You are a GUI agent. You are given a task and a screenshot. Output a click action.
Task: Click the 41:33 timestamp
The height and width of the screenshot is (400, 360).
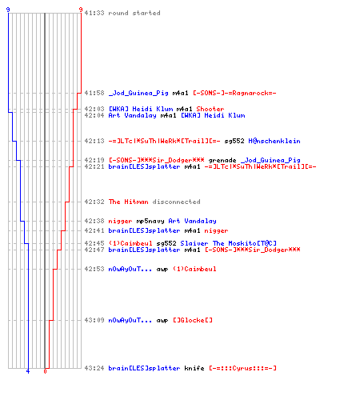[94, 13]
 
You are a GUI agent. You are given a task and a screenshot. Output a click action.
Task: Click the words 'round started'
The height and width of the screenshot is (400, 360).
[134, 13]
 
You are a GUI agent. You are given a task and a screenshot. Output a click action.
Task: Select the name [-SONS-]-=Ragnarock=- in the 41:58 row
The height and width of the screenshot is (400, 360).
[234, 93]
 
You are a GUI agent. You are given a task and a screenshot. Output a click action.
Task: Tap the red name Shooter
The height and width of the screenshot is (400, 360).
[210, 109]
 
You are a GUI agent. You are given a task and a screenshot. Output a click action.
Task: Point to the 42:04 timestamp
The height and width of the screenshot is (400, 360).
[94, 115]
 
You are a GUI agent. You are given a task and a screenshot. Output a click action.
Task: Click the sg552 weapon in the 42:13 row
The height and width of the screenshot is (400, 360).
[234, 141]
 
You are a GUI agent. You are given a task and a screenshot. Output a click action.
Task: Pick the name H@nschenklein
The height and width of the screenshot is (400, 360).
[274, 141]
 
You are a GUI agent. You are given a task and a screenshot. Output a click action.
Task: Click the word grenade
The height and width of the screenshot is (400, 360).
[222, 160]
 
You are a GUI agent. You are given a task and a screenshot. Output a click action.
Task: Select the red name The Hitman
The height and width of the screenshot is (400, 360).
[128, 202]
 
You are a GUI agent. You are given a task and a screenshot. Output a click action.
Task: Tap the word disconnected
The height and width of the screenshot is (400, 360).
[176, 202]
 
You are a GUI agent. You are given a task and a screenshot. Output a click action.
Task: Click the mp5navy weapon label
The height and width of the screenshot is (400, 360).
[150, 221]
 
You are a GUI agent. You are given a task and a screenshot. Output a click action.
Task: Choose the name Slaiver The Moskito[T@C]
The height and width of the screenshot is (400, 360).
[229, 243]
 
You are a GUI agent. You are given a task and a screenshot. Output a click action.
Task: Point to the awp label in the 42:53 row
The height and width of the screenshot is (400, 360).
[162, 269]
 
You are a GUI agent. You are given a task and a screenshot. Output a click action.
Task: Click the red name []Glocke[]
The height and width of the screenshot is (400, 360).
[193, 320]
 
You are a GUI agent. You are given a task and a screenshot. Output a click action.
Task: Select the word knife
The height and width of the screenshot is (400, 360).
[194, 368]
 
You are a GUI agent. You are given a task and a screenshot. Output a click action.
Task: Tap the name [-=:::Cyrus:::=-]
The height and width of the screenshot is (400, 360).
[242, 368]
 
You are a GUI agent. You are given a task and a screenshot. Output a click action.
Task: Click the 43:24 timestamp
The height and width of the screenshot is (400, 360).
[94, 368]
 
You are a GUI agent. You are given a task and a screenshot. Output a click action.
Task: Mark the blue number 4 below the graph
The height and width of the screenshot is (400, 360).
[28, 371]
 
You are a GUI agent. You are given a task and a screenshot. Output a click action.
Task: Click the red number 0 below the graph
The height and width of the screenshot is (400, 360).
[45, 371]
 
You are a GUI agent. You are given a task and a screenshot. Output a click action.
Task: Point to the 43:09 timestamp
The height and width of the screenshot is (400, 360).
[94, 320]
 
